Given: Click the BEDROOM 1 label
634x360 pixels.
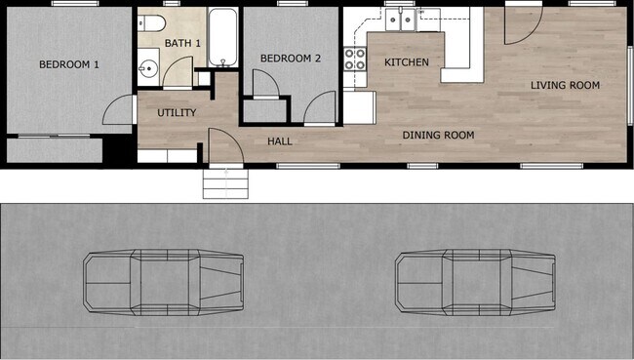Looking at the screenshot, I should click(x=69, y=65).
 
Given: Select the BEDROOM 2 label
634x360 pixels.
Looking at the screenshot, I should click(x=290, y=59).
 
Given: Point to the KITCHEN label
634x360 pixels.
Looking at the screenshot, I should click(x=406, y=62).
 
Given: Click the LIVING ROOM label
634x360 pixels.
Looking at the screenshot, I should click(x=565, y=86).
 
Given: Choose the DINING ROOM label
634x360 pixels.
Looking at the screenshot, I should click(x=438, y=136).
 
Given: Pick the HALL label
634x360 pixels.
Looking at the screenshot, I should click(x=280, y=141).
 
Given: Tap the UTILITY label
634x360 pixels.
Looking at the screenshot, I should click(x=177, y=113).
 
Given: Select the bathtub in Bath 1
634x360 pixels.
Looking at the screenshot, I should click(x=223, y=36).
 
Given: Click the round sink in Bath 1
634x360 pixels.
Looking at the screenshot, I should click(x=148, y=68).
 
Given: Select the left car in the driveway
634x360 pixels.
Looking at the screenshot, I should click(x=162, y=282).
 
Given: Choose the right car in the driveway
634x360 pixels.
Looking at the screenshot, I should click(x=474, y=282).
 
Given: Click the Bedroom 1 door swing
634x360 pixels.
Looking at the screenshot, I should click(x=117, y=109).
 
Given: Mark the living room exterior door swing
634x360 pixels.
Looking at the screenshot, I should click(x=520, y=29).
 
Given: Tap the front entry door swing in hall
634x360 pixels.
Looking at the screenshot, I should click(x=223, y=148).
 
